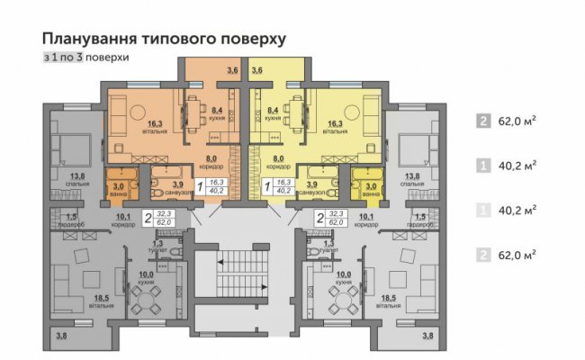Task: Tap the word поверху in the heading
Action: pyautogui.click(x=255, y=39)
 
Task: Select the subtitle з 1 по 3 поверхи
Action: pyautogui.click(x=85, y=57)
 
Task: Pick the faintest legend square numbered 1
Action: pyautogui.click(x=484, y=210)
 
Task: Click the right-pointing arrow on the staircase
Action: pyautogui.click(x=256, y=287)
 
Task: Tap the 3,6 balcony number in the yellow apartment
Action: pyautogui.click(x=256, y=69)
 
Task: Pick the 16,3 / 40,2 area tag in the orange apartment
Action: pyautogui.click(x=217, y=185)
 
